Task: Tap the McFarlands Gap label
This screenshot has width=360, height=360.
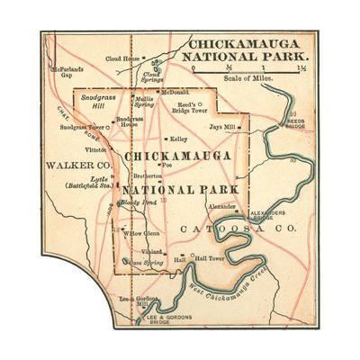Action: coord(67,72)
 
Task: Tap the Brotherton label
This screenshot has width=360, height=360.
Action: coord(148,177)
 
